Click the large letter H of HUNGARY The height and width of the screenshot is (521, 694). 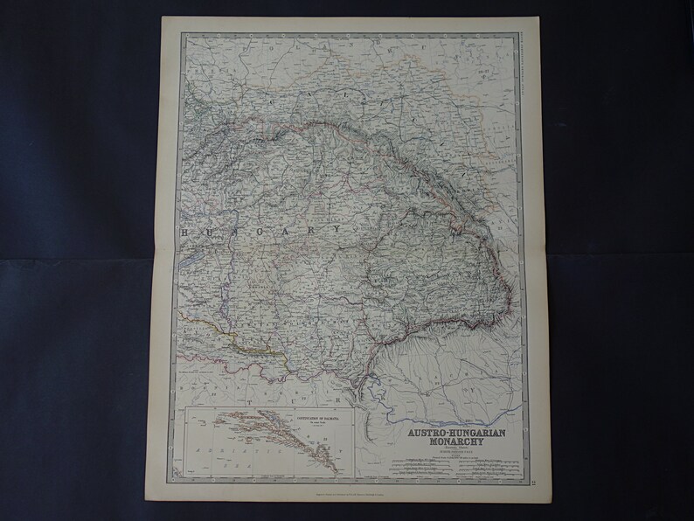(184, 231)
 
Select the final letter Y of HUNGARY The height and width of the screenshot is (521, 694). (337, 229)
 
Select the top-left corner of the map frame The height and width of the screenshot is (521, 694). (182, 33)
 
